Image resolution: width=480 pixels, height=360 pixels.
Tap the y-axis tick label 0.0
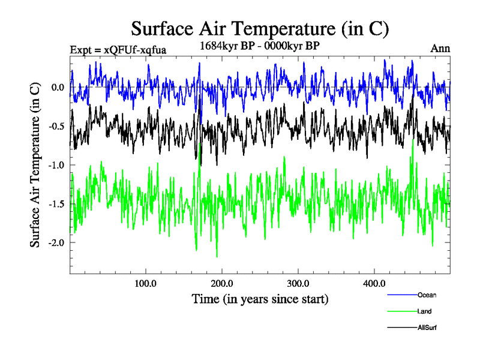pos(57,88)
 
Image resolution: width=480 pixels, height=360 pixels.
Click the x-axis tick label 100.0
pos(146,283)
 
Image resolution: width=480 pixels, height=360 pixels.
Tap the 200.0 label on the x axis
pos(222,283)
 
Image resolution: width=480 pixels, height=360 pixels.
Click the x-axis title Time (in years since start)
pos(260,298)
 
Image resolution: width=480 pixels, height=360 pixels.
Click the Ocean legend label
pos(427,295)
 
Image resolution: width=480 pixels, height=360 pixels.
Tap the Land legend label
pos(424,311)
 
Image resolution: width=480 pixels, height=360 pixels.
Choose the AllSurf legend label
pos(427,328)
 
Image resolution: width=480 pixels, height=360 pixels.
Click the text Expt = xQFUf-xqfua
pos(118,49)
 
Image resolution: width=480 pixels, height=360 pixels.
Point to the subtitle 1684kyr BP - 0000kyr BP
pos(260,44)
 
